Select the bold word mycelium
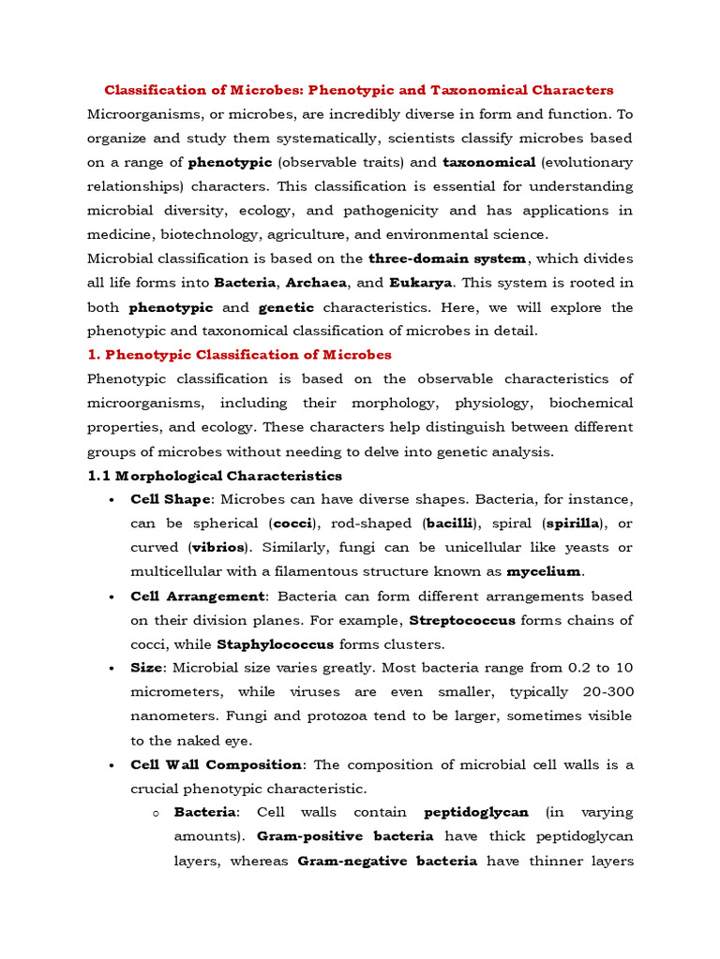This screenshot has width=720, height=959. tap(545, 571)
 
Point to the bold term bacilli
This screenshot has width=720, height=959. tap(451, 523)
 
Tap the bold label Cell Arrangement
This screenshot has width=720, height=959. tap(199, 596)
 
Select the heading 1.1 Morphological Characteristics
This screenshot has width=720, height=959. tap(215, 476)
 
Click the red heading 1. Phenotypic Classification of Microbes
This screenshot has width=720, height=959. tap(239, 355)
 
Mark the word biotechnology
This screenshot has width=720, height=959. tap(213, 235)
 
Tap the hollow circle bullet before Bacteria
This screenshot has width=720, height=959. tap(156, 813)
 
